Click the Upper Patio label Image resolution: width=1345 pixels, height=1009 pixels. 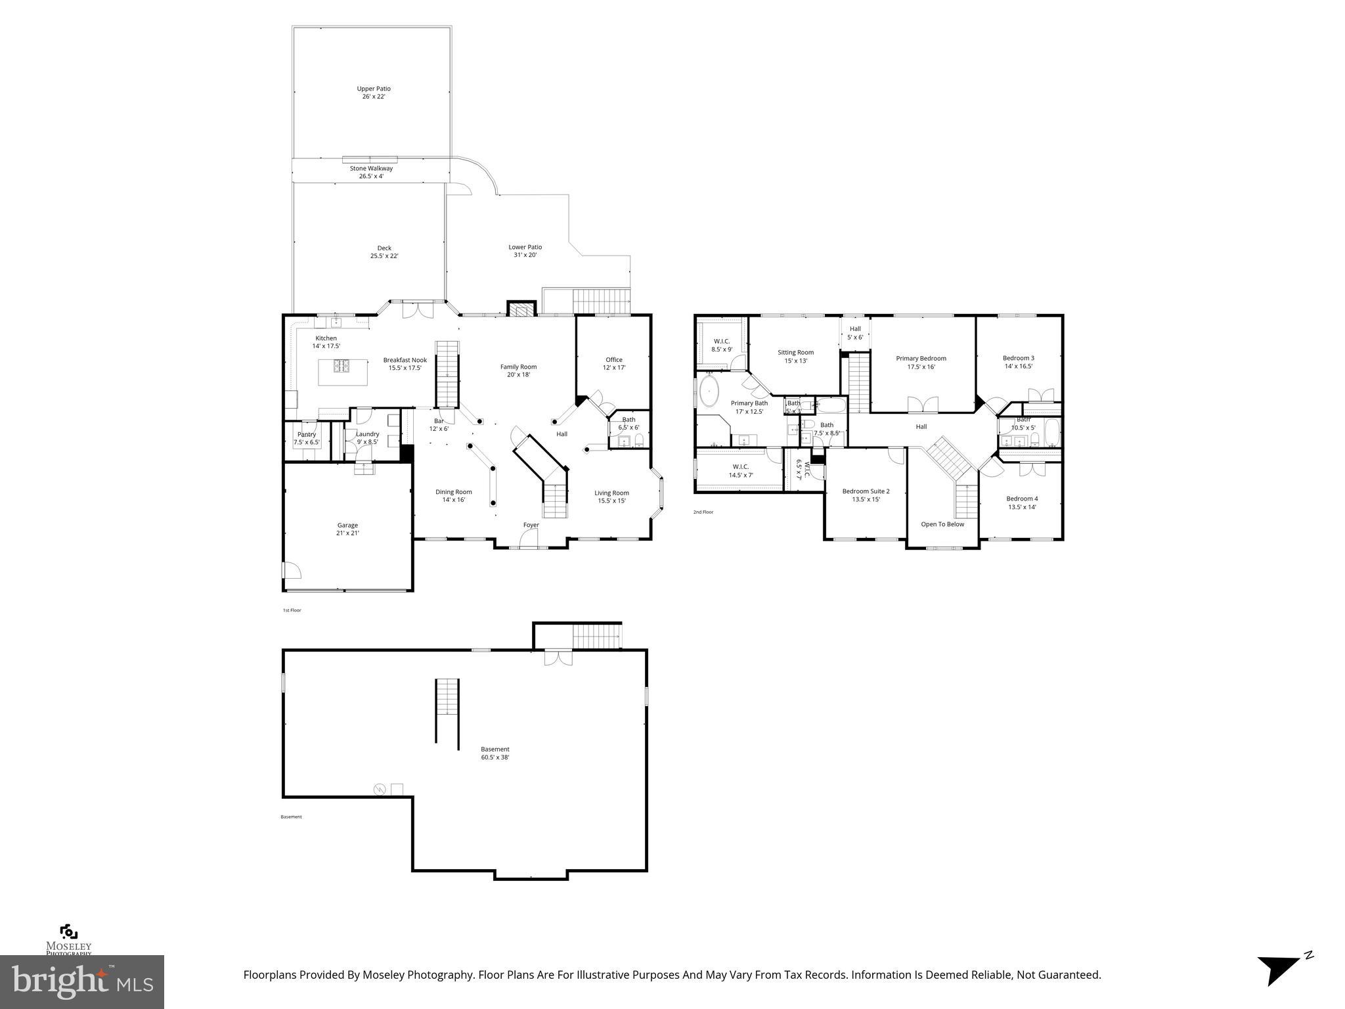tap(373, 93)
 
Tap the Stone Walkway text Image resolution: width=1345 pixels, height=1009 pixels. tap(371, 169)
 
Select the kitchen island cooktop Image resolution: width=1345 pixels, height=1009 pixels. tap(343, 367)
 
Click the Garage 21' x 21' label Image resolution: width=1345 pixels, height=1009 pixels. tap(347, 529)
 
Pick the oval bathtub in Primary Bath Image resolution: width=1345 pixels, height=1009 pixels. tap(709, 392)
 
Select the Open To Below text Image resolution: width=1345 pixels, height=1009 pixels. tap(942, 524)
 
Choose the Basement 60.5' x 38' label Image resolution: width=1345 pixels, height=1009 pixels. tap(495, 753)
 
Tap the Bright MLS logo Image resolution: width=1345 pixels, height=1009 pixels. tap(82, 981)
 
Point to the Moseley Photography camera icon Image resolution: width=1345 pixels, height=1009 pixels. tap(68, 931)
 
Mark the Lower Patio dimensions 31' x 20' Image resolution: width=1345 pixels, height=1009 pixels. tap(525, 255)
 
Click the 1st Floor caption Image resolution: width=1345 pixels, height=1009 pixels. tap(292, 610)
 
